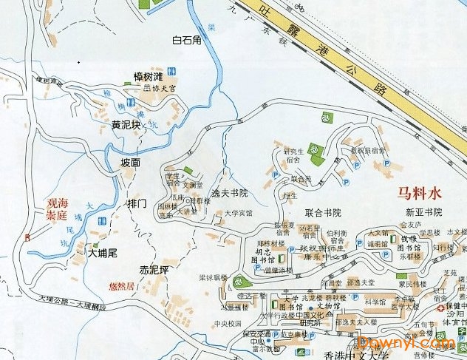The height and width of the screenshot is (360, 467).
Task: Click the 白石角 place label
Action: pyautogui.click(x=186, y=40)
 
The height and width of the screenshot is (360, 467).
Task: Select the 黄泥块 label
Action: pyautogui.click(x=126, y=125)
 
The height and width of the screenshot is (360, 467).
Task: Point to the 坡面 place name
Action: pyautogui.click(x=130, y=162)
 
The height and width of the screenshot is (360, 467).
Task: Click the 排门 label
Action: pyautogui.click(x=137, y=203)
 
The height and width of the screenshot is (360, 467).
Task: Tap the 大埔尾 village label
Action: pyautogui.click(x=103, y=252)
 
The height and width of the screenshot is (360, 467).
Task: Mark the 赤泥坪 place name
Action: pyautogui.click(x=154, y=269)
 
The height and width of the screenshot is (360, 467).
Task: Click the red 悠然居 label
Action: pyautogui.click(x=121, y=285)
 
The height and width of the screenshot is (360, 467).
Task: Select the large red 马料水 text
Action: pyautogui.click(x=419, y=194)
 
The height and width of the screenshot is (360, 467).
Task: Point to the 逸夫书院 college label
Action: pyautogui.click(x=230, y=193)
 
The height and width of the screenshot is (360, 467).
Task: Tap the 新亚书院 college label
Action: pyautogui.click(x=423, y=212)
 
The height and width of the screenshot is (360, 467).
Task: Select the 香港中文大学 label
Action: pyautogui.click(x=357, y=354)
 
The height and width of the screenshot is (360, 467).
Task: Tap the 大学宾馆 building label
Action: pyautogui.click(x=239, y=213)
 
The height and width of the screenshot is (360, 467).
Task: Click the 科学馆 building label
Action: pyautogui.click(x=376, y=301)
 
